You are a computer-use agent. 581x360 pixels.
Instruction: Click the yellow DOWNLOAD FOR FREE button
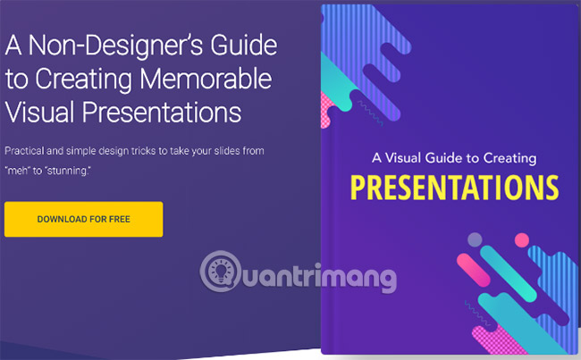click(x=83, y=219)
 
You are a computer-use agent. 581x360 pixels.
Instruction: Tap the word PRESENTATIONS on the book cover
click(x=453, y=189)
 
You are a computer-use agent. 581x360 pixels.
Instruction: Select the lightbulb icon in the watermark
click(x=217, y=269)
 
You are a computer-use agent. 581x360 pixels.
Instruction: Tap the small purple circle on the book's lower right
click(x=475, y=239)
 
